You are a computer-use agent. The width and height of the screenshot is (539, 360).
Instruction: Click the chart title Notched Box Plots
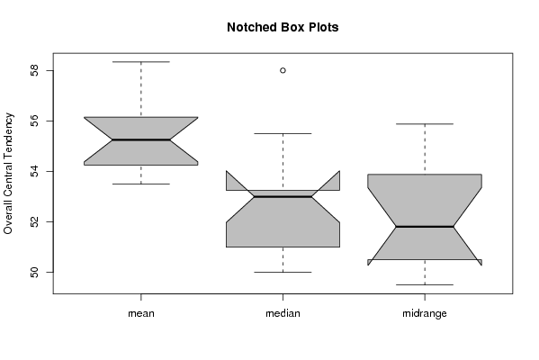coord(283,27)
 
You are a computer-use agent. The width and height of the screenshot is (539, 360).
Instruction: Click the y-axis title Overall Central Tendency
coord(8,174)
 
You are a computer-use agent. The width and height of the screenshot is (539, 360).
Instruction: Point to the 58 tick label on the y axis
coord(34,71)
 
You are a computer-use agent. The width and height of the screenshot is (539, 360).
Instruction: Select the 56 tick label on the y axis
coord(34,121)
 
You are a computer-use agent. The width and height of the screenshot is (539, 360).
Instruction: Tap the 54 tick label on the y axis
coord(34,171)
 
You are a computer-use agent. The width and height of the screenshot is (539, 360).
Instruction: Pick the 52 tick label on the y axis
coord(34,221)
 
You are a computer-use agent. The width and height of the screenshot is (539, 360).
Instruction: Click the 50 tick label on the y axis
coord(34,273)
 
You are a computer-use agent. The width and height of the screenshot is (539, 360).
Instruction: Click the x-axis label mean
coord(141,313)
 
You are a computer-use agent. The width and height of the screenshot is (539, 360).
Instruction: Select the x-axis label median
coord(283,313)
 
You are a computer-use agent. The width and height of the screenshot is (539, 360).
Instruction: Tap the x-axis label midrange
coord(425,313)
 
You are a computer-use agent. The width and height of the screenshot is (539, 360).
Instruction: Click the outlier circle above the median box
coord(283,70)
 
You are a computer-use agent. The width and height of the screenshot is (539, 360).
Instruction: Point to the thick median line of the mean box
coord(141,139)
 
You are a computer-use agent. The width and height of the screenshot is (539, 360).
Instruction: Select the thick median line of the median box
coord(283,197)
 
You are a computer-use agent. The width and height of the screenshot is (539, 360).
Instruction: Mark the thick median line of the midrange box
coord(425,227)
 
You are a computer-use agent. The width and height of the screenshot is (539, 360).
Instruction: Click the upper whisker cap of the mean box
coord(141,62)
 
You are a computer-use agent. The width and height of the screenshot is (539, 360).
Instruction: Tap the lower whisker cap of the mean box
coord(141,184)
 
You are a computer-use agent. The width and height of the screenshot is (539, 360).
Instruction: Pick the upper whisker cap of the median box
coord(283,133)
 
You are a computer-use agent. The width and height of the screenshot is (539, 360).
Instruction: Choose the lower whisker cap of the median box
coord(283,272)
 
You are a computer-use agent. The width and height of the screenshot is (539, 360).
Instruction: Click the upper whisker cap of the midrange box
coord(425,124)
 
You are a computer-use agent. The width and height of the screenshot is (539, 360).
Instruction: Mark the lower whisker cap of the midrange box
coord(425,284)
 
